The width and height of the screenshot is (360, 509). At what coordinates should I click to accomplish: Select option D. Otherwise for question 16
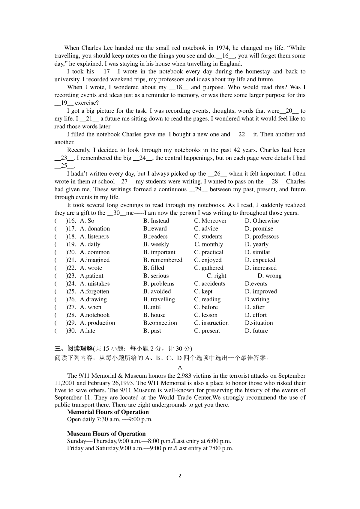click(262, 221)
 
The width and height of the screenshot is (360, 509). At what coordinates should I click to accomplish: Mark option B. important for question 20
click(159, 252)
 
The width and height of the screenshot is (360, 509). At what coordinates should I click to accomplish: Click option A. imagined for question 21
click(94, 260)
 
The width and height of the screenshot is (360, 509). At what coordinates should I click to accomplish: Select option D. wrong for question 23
click(269, 276)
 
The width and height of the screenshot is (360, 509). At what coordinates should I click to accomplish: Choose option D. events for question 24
click(256, 284)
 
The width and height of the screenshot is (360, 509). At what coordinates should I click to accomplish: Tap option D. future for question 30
click(256, 331)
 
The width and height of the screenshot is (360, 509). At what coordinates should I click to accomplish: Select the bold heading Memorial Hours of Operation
click(108, 412)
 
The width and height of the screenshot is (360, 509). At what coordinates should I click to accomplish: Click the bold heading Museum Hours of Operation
click(106, 434)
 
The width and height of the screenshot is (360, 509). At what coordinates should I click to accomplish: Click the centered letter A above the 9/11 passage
click(180, 368)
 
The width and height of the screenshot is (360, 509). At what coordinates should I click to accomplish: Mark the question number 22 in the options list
click(71, 268)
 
